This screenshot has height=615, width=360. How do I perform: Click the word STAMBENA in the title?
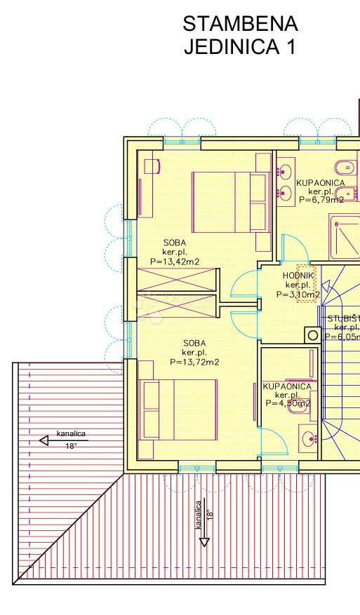pos(240,24)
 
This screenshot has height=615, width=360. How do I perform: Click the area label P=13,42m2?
pos(175,262)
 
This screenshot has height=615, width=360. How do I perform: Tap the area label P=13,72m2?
pos(194,362)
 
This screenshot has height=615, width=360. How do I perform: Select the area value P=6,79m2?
pos(321,199)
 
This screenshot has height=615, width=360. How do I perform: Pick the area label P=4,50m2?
pos(287,404)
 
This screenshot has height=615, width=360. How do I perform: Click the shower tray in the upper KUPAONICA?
pos(345,235)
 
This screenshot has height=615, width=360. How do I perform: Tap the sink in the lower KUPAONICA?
pos(309,439)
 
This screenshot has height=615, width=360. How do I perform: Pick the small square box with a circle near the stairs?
pos(312,334)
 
